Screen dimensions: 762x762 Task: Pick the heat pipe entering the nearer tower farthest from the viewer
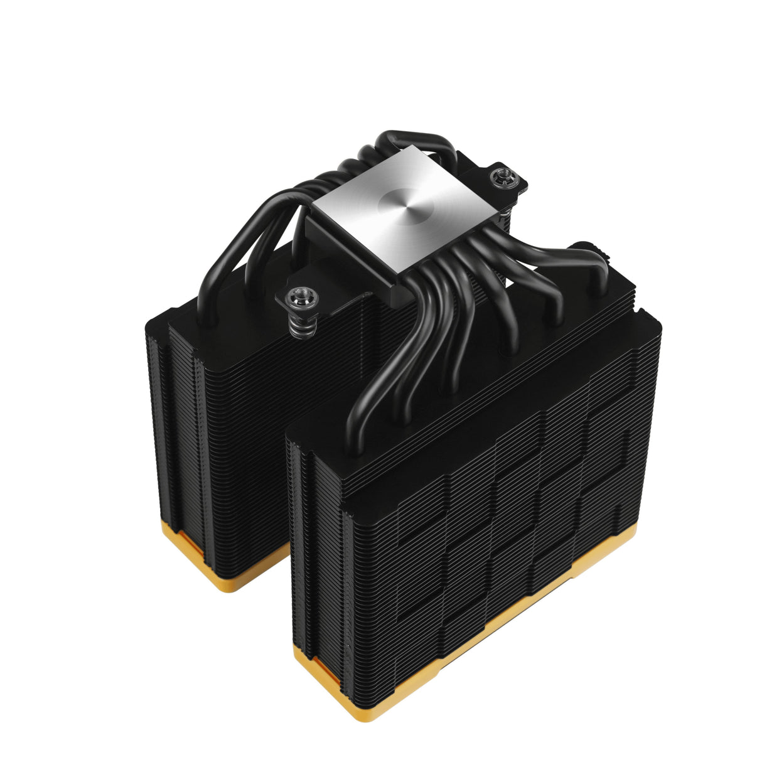pyautogui.click(x=590, y=264)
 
